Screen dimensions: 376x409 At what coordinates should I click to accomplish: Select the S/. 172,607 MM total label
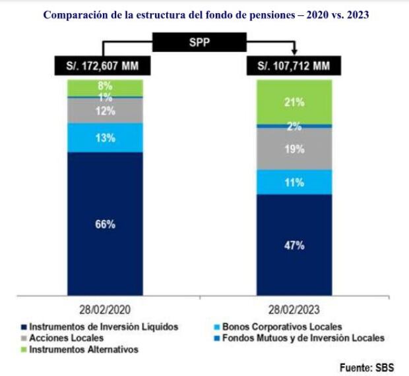click(x=103, y=66)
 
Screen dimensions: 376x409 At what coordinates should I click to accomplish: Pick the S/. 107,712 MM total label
click(x=294, y=66)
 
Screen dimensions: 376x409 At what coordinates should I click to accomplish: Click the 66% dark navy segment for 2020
click(x=106, y=224)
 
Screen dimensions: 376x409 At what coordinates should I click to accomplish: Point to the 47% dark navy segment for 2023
click(x=294, y=245)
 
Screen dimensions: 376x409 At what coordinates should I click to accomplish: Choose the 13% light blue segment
click(x=106, y=138)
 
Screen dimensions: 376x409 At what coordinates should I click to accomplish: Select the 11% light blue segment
click(x=294, y=182)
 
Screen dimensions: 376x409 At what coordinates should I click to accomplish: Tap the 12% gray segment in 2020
click(x=106, y=111)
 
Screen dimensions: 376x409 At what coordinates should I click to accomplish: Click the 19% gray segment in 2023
click(x=294, y=149)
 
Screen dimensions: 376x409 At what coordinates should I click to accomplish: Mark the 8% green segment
click(x=106, y=86)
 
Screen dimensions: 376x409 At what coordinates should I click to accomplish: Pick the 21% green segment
click(x=294, y=101)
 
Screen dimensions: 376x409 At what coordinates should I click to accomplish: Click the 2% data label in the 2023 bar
click(x=294, y=126)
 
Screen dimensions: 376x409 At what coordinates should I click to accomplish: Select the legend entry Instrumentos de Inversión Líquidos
click(x=99, y=327)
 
